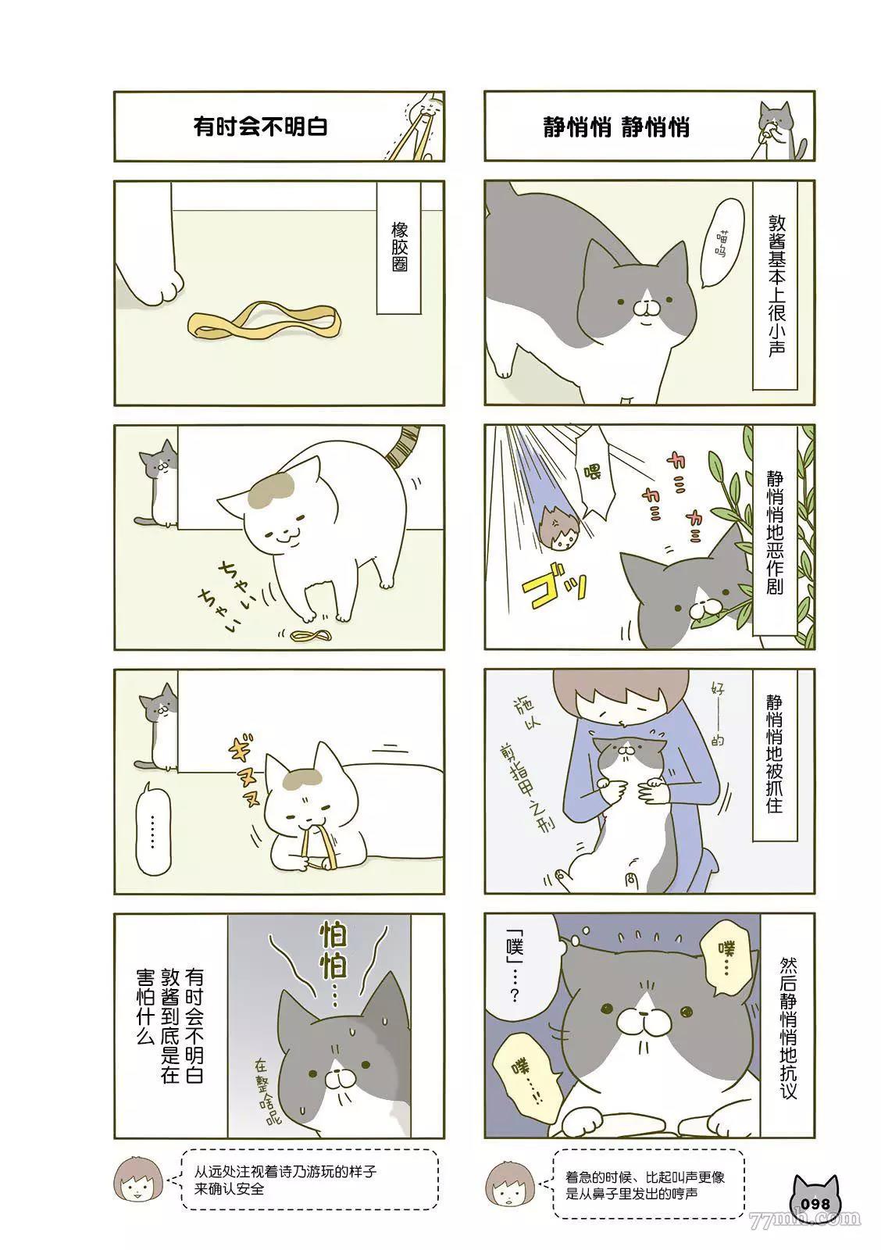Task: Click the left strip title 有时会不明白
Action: [x=260, y=127]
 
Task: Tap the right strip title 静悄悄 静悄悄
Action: [x=616, y=127]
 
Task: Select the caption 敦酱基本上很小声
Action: [x=775, y=285]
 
